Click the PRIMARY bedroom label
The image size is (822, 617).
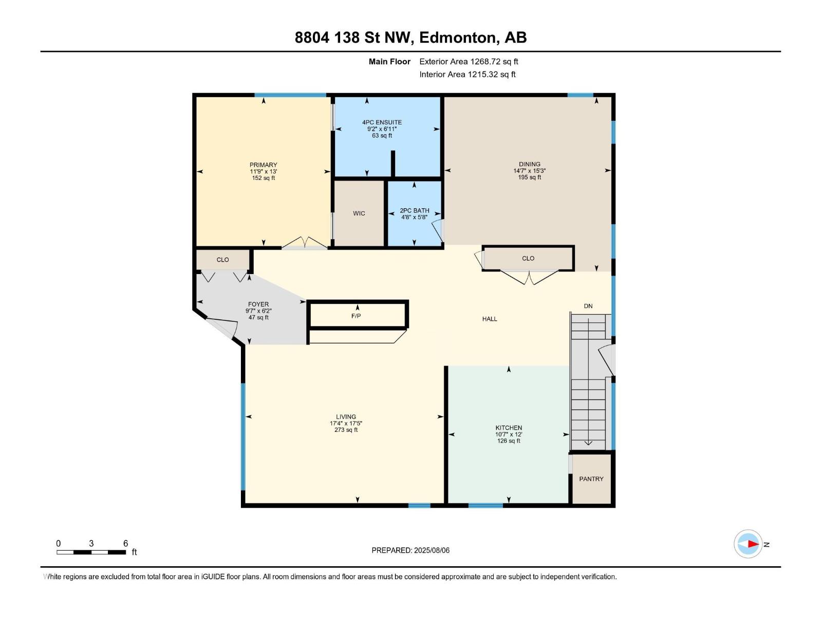pos(264,165)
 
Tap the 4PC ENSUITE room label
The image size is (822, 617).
pos(382,122)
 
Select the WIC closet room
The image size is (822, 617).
pos(359,213)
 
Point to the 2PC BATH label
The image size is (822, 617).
pos(414,211)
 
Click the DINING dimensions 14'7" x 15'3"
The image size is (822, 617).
pos(529,171)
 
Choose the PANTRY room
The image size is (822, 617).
pos(591,479)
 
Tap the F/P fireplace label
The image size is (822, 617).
pos(356,316)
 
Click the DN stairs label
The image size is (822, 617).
pos(588,306)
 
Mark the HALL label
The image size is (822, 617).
pos(490,319)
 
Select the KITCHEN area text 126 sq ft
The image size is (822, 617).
pos(509,441)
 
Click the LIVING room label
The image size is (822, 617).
pos(346,417)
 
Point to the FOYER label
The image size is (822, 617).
pos(258,304)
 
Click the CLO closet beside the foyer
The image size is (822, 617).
pos(222,260)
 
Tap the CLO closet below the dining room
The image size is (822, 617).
pos(528,258)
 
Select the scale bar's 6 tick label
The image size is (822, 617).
pos(125,543)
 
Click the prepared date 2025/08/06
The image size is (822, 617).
pos(431,550)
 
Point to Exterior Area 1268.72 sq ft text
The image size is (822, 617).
pos(469,61)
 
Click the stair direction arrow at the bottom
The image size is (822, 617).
pos(588,442)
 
